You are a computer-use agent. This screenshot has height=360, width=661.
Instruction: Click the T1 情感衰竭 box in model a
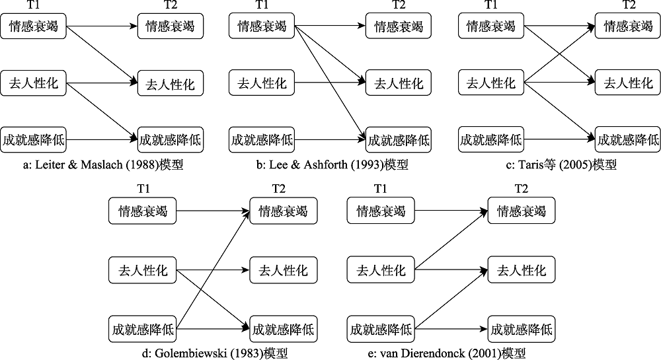tap(34, 27)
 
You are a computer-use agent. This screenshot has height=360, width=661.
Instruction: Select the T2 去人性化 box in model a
tap(171, 84)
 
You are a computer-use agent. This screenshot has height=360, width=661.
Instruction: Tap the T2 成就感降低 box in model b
tap(399, 140)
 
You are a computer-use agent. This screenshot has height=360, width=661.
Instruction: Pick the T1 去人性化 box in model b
tap(262, 83)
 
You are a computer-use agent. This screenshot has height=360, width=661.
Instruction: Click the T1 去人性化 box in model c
tap(490, 83)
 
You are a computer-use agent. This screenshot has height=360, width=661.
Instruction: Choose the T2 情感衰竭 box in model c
tap(627, 27)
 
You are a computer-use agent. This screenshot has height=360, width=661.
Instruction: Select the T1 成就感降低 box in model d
tap(143, 328)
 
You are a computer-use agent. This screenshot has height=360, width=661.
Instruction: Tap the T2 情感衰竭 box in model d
tap(283, 211)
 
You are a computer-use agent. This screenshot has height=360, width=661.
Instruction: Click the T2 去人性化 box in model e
tap(521, 270)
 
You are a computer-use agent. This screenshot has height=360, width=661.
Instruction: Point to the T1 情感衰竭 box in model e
tap(381, 211)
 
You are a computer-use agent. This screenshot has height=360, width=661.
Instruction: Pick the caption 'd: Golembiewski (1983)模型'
tap(212, 353)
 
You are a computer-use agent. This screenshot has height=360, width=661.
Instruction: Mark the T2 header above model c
tap(629, 5)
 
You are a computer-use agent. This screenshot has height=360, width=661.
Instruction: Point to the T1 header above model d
tap(142, 190)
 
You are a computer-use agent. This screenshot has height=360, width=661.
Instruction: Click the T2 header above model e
tap(522, 190)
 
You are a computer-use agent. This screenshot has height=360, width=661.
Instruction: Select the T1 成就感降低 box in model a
tap(34, 140)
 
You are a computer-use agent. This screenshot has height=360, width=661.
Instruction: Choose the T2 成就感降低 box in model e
tap(521, 328)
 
